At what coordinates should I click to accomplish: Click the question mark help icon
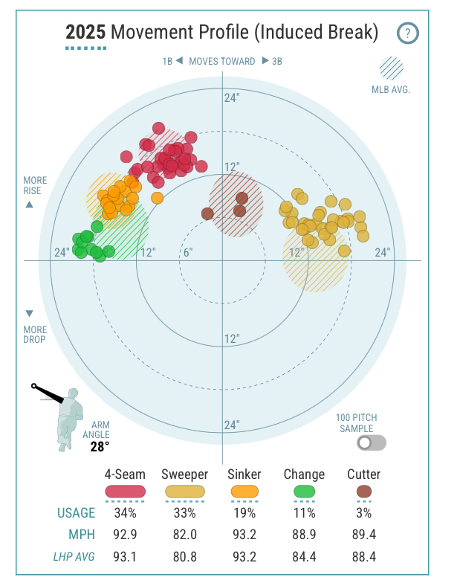[408, 33]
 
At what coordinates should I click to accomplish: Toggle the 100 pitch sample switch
[371, 443]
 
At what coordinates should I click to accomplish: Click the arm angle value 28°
[100, 446]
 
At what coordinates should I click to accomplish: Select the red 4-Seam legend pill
[125, 492]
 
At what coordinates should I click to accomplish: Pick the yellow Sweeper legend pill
[184, 492]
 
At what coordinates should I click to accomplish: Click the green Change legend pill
[304, 492]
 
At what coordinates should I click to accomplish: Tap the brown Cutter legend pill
[363, 492]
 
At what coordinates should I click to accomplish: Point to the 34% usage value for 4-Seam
[125, 513]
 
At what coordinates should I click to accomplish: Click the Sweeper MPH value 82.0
[184, 534]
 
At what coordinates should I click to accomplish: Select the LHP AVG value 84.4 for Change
[304, 555]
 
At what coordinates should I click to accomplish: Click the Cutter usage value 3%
[363, 513]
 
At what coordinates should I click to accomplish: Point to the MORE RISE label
[34, 186]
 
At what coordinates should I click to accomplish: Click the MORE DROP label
[34, 335]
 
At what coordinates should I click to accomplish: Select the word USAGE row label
[76, 513]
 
